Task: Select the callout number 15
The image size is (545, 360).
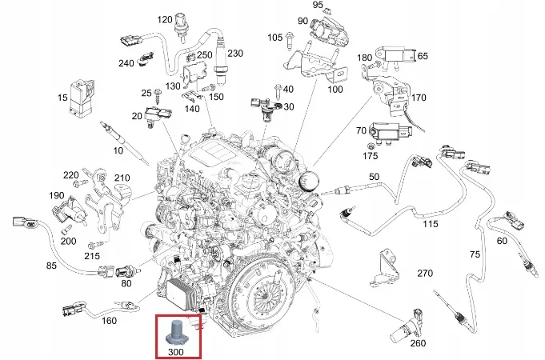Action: point(62,98)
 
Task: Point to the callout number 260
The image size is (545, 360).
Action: point(417,345)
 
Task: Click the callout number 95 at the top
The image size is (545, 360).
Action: point(317,6)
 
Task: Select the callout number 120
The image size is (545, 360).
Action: point(164,18)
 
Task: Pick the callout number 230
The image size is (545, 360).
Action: point(234,54)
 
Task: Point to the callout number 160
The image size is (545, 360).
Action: point(110,322)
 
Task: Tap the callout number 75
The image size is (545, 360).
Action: point(474,254)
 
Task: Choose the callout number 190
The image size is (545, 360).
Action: point(57,195)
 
